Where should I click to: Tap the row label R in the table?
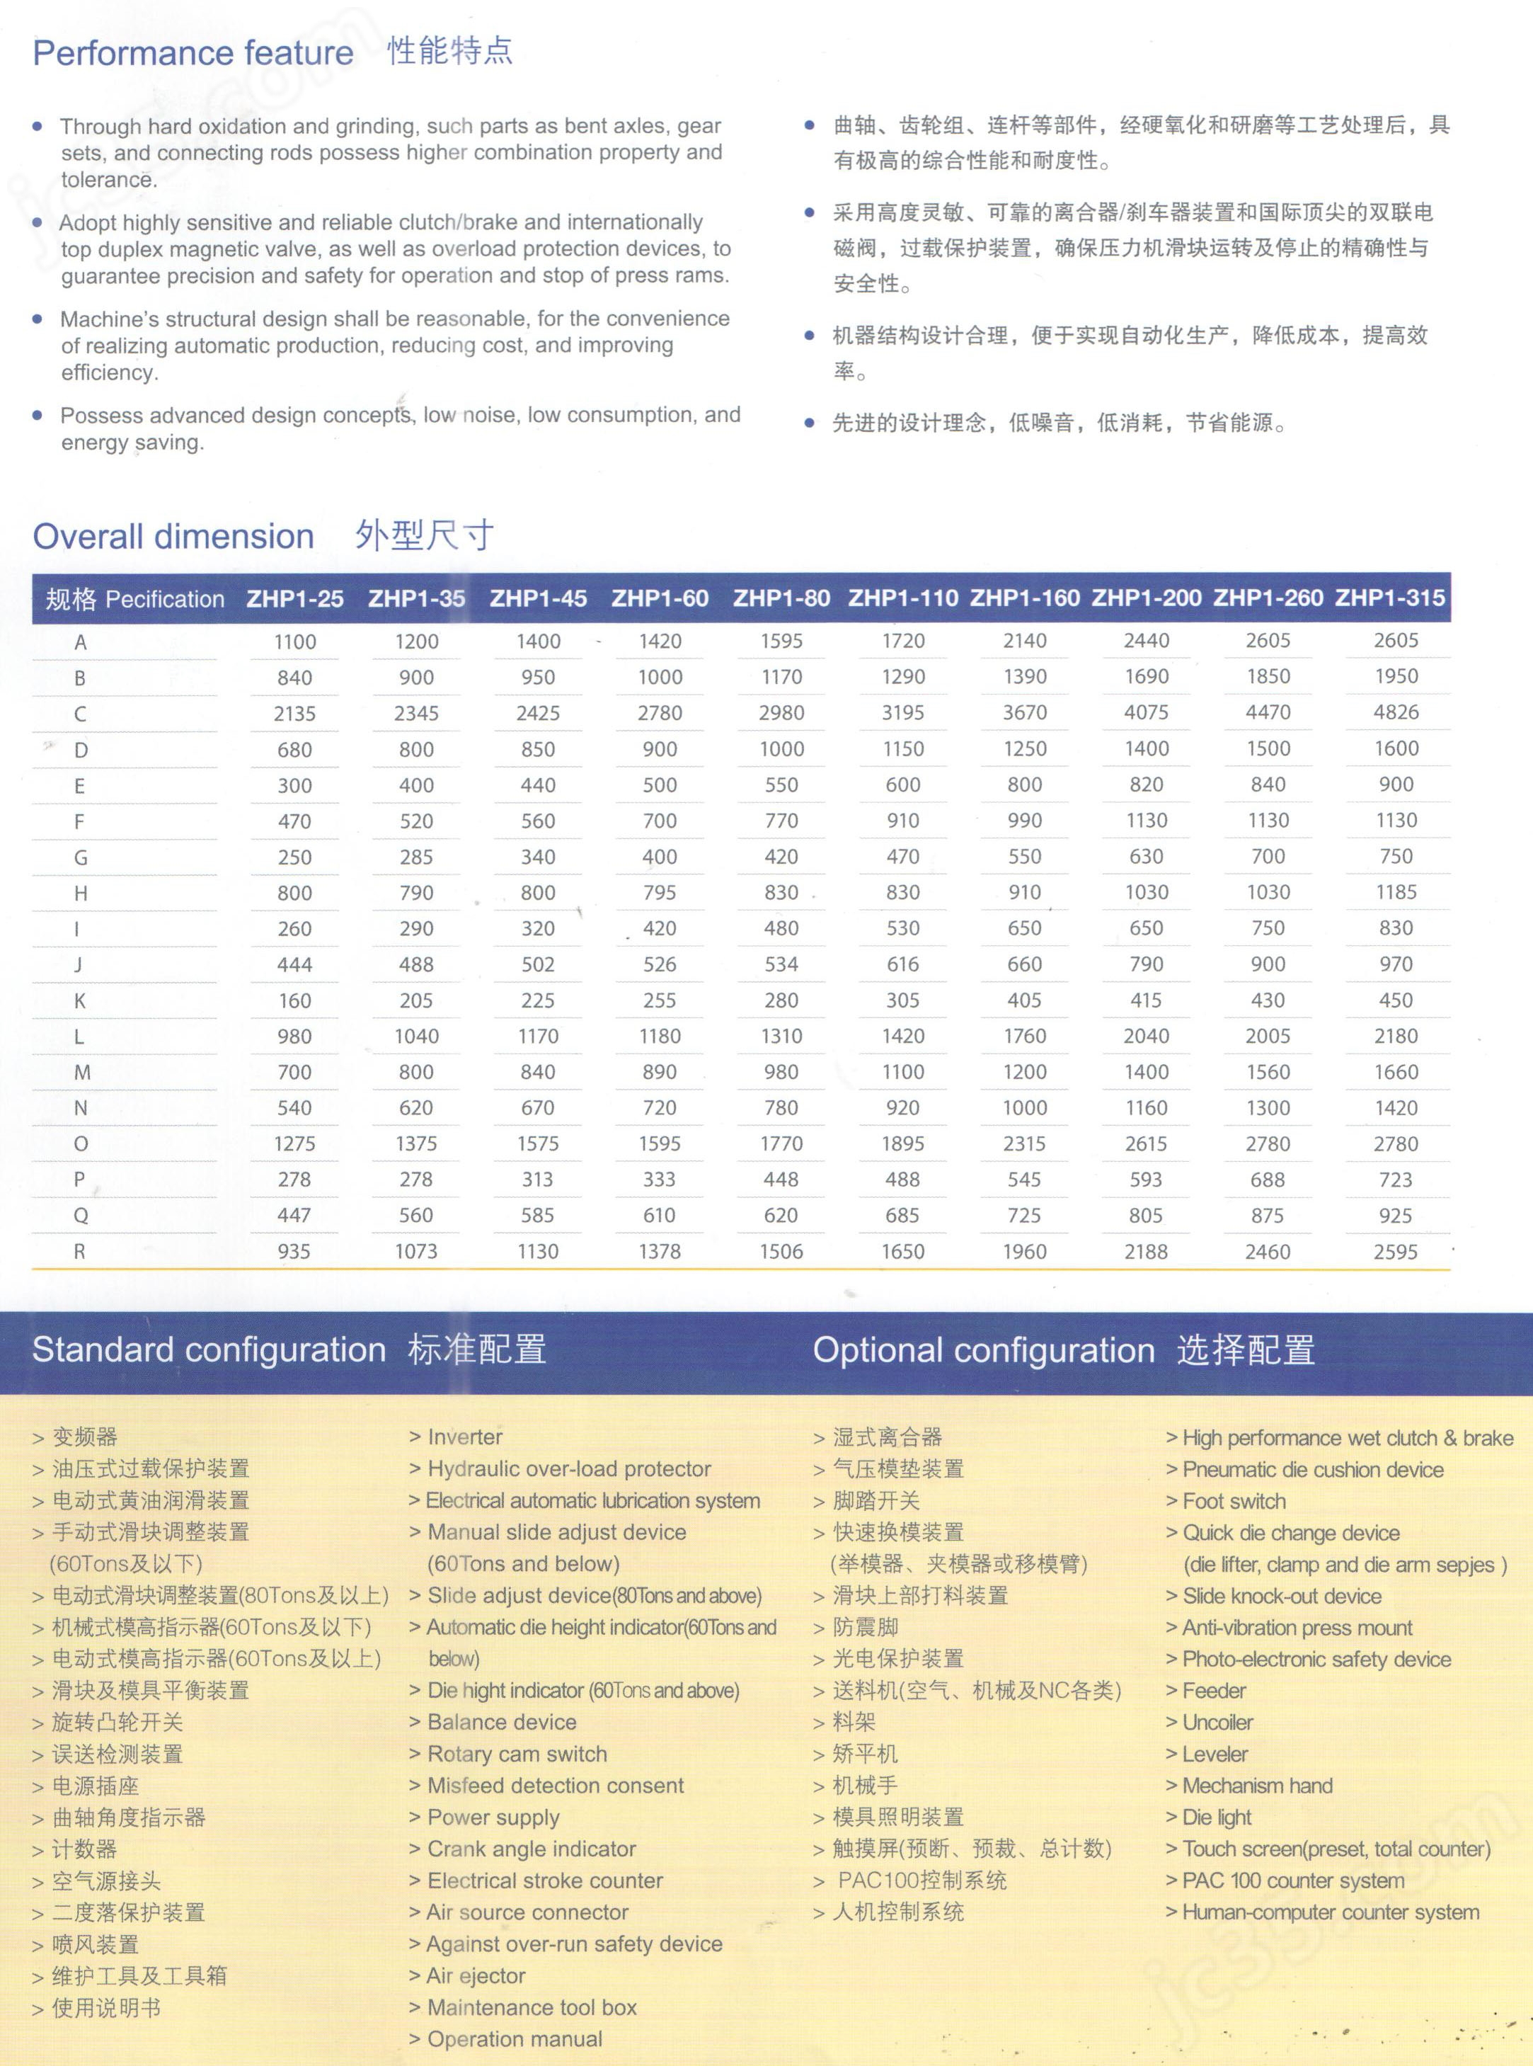(x=80, y=1252)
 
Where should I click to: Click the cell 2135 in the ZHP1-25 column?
(x=295, y=714)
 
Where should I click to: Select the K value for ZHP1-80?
(x=781, y=1000)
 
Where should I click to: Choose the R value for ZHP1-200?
(x=1146, y=1252)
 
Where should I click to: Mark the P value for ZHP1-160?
(x=1024, y=1180)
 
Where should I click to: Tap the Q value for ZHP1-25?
(x=295, y=1216)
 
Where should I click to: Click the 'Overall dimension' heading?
(x=173, y=537)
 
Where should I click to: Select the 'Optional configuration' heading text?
(x=984, y=1350)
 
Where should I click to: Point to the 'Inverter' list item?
(x=464, y=1437)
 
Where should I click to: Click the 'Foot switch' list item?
(x=1234, y=1501)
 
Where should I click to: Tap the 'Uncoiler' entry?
(x=1217, y=1723)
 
